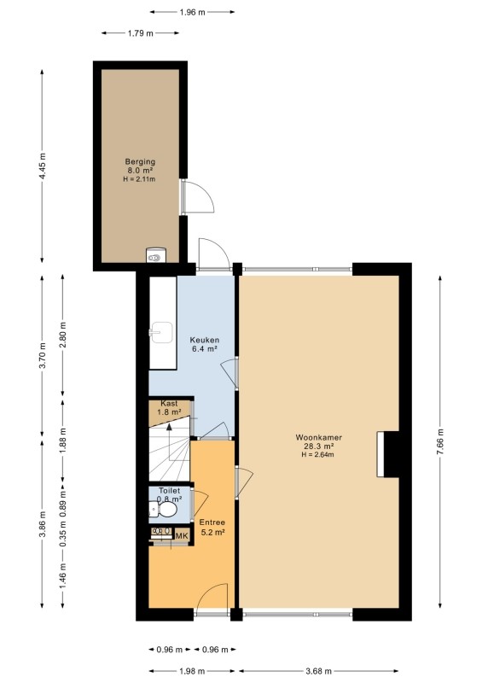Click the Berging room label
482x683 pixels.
pyautogui.click(x=140, y=161)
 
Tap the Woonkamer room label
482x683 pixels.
pyautogui.click(x=318, y=437)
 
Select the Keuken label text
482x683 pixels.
pyautogui.click(x=204, y=340)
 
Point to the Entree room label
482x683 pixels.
pyautogui.click(x=212, y=522)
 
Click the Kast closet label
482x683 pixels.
pyautogui.click(x=169, y=403)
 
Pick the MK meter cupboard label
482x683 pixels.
pyautogui.click(x=182, y=535)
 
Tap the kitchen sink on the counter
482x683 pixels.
pyautogui.click(x=160, y=333)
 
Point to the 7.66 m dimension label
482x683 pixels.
pyautogui.click(x=440, y=441)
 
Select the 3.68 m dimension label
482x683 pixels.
pyautogui.click(x=318, y=671)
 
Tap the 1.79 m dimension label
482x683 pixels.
pyautogui.click(x=140, y=32)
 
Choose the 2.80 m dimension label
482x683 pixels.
pyautogui.click(x=62, y=335)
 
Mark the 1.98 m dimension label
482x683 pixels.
pyautogui.click(x=192, y=671)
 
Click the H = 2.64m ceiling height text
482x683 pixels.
pyautogui.click(x=318, y=455)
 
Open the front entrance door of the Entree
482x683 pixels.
pyautogui.click(x=212, y=598)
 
